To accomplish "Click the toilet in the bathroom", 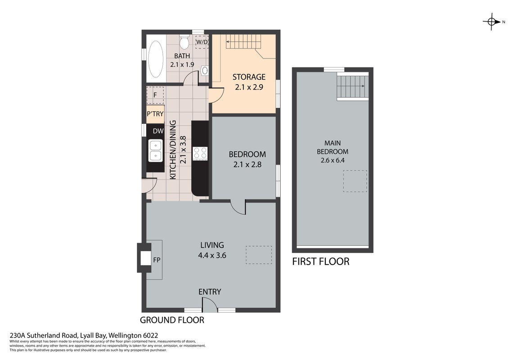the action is (185, 42).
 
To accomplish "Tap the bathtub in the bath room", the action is (156, 59).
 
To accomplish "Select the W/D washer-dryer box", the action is (202, 42).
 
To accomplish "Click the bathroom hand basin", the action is (205, 70).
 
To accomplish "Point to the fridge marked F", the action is (155, 95).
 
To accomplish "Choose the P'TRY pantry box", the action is (155, 114).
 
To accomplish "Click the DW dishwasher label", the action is (158, 131).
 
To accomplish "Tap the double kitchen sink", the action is (156, 151).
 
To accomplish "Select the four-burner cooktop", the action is (200, 153).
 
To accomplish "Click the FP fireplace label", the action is (157, 260).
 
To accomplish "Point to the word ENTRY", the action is (210, 292).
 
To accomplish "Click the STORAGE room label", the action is (249, 77).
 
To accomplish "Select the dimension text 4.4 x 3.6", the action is (212, 256).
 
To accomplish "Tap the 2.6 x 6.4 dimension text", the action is (333, 160).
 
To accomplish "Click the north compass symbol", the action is (491, 22).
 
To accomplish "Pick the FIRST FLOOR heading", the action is (321, 261).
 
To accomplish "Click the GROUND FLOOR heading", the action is (172, 320).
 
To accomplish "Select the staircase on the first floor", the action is (352, 86).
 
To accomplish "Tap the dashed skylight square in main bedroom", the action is (355, 181).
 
